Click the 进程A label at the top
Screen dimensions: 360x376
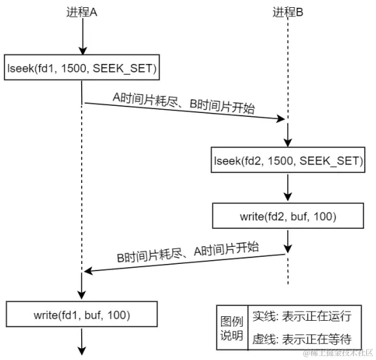click(x=82, y=12)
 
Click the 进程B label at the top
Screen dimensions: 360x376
click(x=288, y=12)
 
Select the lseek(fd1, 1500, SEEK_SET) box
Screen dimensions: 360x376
click(x=82, y=67)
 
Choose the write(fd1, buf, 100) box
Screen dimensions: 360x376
click(x=82, y=314)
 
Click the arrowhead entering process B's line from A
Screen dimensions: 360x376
click(x=282, y=119)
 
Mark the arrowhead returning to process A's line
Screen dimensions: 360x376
click(x=88, y=271)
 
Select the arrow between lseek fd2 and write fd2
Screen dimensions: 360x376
click(x=288, y=188)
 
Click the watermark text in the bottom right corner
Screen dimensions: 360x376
click(x=337, y=353)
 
